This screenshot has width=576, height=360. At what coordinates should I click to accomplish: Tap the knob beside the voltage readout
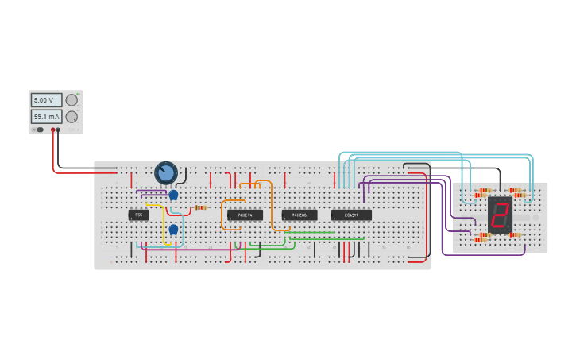(72, 100)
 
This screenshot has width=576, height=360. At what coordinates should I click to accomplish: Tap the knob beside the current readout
(72, 117)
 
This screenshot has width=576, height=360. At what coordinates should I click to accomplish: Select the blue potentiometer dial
(166, 172)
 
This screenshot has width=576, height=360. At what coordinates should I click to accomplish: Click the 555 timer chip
(138, 215)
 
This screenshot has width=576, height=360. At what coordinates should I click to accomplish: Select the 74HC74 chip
(245, 215)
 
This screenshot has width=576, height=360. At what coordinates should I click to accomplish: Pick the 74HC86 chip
(299, 215)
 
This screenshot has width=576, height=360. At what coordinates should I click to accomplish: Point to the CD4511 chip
(351, 215)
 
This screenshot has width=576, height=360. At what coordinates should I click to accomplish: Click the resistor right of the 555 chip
(200, 208)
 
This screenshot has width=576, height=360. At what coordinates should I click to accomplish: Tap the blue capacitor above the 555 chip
(173, 195)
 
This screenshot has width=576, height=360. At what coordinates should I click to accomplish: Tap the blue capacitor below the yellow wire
(172, 230)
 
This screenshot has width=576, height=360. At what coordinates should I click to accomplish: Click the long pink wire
(191, 250)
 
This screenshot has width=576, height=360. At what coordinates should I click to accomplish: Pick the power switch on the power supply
(38, 130)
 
